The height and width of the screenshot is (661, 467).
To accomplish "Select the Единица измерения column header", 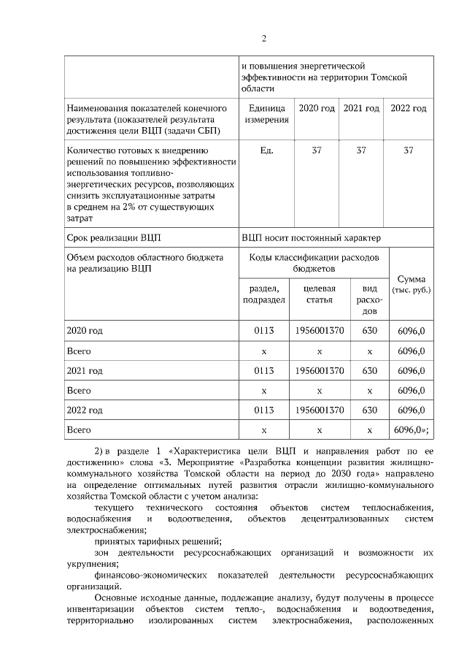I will pos(266,114).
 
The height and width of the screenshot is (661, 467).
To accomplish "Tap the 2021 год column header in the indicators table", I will pos(361,109).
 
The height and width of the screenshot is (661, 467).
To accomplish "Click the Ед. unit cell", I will pos(266,150).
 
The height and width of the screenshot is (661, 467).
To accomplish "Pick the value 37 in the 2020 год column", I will pos(317,150).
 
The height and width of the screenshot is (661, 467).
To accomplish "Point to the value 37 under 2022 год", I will pos(409,150).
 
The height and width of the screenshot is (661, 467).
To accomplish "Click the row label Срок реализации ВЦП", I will pos(114,237).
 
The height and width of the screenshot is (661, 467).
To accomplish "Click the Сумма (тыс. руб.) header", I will pos(411,284).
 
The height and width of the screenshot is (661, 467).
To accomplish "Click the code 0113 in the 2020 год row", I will pos(263,331).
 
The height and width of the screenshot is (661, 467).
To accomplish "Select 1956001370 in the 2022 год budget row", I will pos(320,410).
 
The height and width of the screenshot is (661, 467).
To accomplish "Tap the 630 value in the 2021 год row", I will pos(369,370).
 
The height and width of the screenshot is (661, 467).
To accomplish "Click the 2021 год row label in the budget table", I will pos(85,370).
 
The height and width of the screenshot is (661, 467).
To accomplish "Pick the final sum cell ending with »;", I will pos(411,429).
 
